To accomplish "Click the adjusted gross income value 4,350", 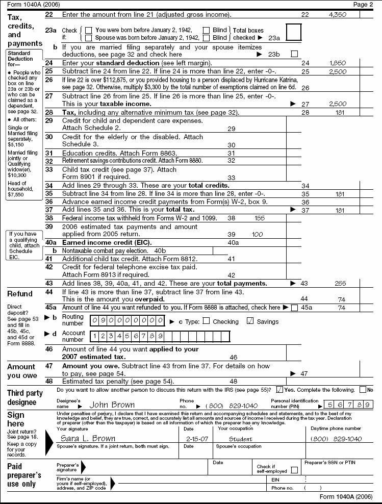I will click(x=339, y=15).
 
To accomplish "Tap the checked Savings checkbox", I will click(x=250, y=321).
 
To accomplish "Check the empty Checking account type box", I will click(x=206, y=321).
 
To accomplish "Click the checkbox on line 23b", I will click(x=294, y=54).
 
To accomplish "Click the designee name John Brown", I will click(x=112, y=405).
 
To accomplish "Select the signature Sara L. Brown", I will click(x=88, y=438).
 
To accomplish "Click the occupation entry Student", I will click(x=241, y=438).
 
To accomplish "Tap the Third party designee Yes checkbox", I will click(x=279, y=390).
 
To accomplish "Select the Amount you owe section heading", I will click(x=21, y=371).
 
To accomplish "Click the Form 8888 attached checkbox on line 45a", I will click(x=294, y=308).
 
